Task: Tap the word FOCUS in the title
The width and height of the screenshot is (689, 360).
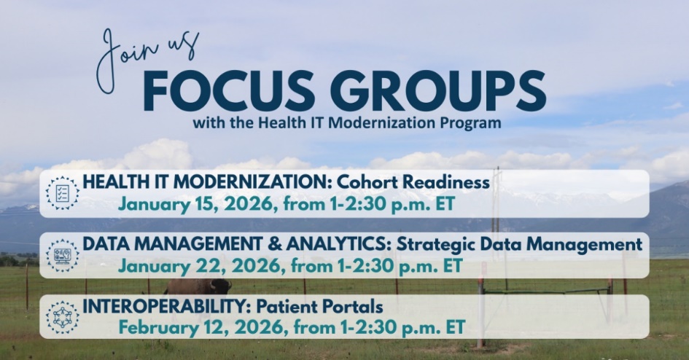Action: [229, 91]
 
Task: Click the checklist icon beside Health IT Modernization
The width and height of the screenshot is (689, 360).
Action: [63, 192]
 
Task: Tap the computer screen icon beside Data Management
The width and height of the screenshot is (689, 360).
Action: [63, 255]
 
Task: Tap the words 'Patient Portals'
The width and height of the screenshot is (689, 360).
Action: [319, 307]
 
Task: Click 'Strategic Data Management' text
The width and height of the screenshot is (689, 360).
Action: [519, 245]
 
